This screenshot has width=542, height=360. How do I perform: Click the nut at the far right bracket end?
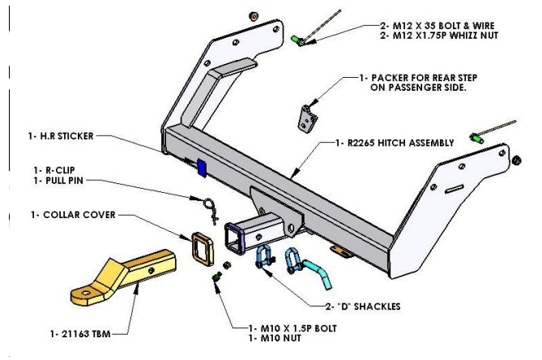(x=516, y=160)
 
